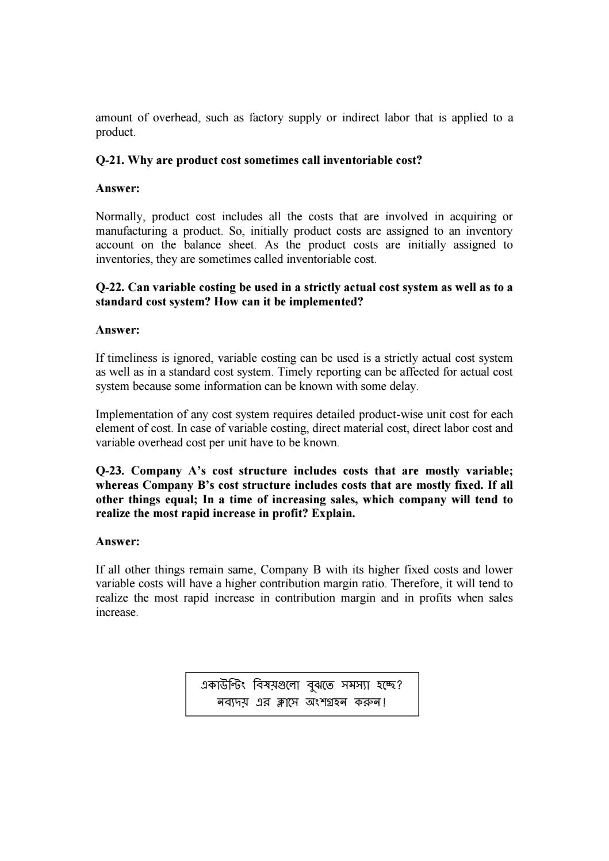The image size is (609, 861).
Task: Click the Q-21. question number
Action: pyautogui.click(x=110, y=160)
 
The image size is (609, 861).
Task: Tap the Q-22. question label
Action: pyautogui.click(x=110, y=288)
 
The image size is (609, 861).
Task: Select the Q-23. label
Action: pyautogui.click(x=110, y=471)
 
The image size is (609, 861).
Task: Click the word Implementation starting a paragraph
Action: pyautogui.click(x=132, y=415)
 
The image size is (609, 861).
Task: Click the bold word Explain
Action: pyautogui.click(x=333, y=514)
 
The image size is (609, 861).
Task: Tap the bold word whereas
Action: pyautogui.click(x=117, y=485)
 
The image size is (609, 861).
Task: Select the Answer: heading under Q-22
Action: pyautogui.click(x=117, y=330)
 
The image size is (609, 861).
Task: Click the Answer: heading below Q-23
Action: pyautogui.click(x=117, y=542)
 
